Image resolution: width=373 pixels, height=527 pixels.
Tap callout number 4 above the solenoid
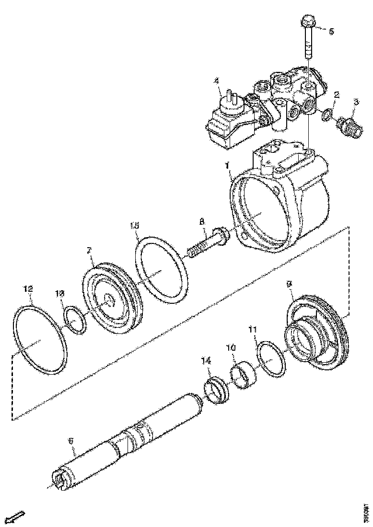(x=217, y=81)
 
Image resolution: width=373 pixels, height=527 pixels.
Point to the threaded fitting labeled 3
(x=351, y=127)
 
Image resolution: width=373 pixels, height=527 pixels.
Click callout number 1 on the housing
(x=228, y=166)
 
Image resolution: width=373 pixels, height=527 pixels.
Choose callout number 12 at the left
(x=28, y=289)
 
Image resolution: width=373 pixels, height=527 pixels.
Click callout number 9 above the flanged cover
(x=289, y=285)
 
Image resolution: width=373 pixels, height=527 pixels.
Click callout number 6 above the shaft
(x=70, y=440)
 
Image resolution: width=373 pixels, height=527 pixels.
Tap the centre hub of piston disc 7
(x=108, y=301)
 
